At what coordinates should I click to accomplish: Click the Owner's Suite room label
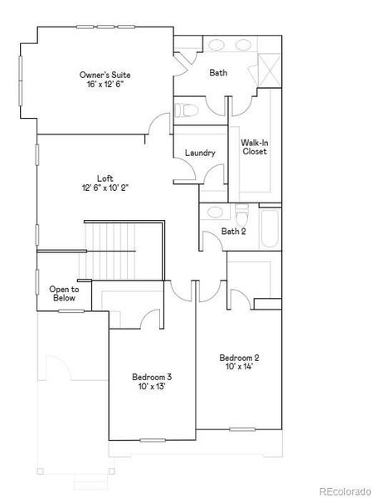(105, 75)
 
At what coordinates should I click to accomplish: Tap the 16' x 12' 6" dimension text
(105, 85)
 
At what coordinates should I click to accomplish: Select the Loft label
(105, 178)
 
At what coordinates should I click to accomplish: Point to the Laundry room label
(200, 153)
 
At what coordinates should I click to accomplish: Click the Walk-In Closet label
(254, 147)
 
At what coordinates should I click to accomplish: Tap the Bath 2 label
(233, 232)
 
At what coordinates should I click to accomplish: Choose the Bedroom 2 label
(239, 357)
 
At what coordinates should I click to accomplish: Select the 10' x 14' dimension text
(239, 367)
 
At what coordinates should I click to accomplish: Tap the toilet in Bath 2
(241, 210)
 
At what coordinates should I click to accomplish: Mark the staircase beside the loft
(110, 249)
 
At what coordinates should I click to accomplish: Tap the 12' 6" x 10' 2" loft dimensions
(105, 188)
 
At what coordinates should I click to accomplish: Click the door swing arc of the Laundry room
(213, 173)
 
